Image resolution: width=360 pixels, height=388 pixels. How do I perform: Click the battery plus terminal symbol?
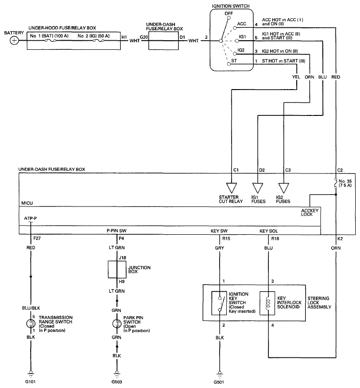click(14, 40)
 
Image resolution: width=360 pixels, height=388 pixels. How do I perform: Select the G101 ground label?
click(30, 382)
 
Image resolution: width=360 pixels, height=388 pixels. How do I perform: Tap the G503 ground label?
click(116, 382)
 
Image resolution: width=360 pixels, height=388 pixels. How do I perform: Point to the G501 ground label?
click(219, 382)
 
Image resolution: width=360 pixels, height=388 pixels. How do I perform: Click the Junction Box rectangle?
click(117, 269)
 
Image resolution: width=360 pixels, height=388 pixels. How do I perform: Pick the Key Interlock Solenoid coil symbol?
click(267, 303)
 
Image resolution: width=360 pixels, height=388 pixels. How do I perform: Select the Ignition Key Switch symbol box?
click(219, 303)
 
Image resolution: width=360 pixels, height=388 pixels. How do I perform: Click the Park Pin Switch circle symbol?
click(116, 324)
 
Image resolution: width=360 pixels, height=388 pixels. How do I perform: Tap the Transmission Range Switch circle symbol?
click(31, 324)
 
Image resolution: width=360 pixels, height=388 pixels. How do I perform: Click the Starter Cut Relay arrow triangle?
click(232, 188)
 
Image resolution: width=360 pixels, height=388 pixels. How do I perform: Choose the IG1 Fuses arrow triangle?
click(257, 188)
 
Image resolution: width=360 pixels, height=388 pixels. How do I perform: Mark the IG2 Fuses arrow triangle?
click(283, 188)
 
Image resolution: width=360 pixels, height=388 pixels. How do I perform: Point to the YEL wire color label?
click(296, 77)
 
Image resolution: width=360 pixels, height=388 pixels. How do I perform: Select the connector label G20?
click(144, 37)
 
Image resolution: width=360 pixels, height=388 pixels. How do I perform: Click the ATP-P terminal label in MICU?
click(31, 218)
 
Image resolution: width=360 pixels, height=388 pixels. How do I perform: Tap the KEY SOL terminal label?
click(268, 231)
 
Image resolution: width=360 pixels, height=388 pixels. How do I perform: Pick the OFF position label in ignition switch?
click(229, 13)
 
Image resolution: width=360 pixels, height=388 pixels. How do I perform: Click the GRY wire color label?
click(220, 248)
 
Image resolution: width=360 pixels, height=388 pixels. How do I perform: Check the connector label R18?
click(275, 239)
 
